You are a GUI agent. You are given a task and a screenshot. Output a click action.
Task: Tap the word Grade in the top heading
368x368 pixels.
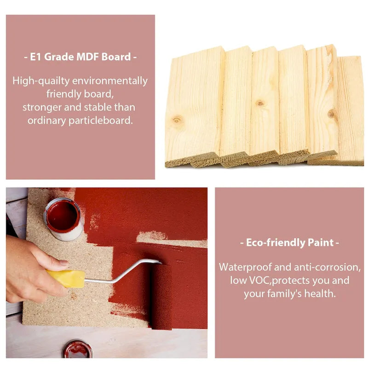(59, 57)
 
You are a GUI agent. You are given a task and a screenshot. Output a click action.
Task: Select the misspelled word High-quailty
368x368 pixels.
(41, 81)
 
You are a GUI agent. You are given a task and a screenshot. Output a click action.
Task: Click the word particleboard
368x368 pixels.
(100, 121)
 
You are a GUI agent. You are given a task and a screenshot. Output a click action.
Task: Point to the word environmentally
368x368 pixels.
(110, 81)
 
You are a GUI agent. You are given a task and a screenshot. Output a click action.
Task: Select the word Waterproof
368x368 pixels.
(245, 267)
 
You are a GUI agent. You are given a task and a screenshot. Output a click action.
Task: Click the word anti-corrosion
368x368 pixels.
(327, 267)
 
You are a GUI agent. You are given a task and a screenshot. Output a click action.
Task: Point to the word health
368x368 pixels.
(320, 293)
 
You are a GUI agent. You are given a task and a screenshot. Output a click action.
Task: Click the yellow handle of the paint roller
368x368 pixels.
(66, 279)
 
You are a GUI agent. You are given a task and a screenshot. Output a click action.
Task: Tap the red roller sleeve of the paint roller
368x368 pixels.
(161, 297)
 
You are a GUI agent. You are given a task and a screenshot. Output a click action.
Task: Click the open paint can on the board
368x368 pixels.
(64, 219)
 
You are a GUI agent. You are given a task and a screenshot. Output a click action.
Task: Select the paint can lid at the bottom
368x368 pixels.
(77, 349)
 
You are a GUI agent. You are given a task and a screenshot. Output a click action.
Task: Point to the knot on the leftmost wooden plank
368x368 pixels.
(177, 121)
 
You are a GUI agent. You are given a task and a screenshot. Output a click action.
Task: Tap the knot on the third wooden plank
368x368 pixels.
(260, 103)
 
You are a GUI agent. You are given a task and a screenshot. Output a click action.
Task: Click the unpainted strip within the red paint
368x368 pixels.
(171, 240)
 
